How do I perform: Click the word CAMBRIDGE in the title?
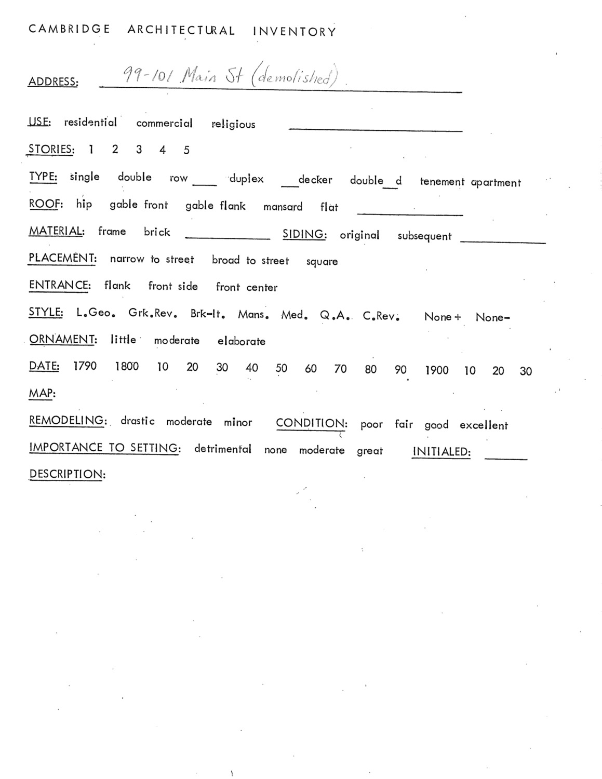(69, 29)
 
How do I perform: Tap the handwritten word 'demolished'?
(294, 77)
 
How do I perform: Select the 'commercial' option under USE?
(164, 124)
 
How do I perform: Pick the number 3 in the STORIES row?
(139, 150)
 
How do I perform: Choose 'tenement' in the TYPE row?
(442, 182)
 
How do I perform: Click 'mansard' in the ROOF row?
(283, 207)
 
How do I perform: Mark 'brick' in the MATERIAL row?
(157, 232)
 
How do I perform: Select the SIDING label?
(304, 234)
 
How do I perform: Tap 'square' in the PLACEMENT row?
(322, 262)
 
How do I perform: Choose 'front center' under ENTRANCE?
(247, 287)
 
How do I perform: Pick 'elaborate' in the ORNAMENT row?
(242, 341)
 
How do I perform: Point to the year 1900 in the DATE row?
(436, 370)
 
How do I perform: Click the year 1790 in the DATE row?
(85, 366)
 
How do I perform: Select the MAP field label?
(42, 393)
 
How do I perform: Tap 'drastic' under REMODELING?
(138, 421)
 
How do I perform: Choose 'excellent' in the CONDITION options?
(484, 425)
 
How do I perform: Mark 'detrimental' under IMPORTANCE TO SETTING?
(223, 449)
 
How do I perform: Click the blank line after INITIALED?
(505, 457)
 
